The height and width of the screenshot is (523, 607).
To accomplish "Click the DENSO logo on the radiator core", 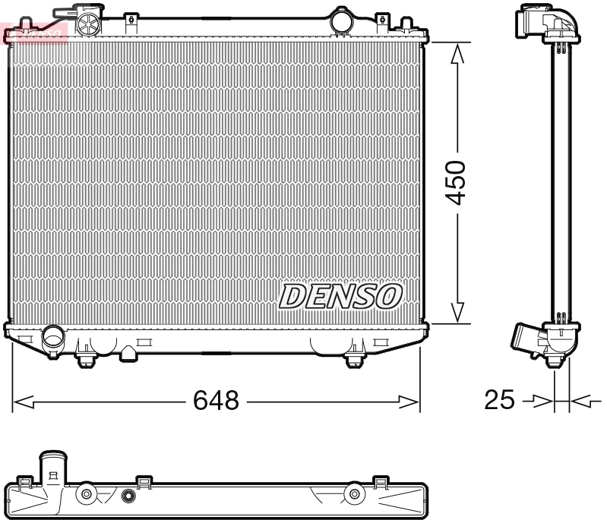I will point(340,296).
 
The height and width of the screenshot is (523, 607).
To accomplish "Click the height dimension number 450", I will point(456,183).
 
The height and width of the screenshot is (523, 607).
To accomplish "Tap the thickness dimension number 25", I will point(499,399).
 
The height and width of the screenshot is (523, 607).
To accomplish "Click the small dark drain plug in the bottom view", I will point(128,498).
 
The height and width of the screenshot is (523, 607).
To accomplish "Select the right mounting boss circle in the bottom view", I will point(353,496).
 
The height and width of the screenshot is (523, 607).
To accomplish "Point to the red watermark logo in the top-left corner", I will point(35,32).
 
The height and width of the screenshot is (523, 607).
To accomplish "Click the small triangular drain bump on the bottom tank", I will point(129,352).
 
